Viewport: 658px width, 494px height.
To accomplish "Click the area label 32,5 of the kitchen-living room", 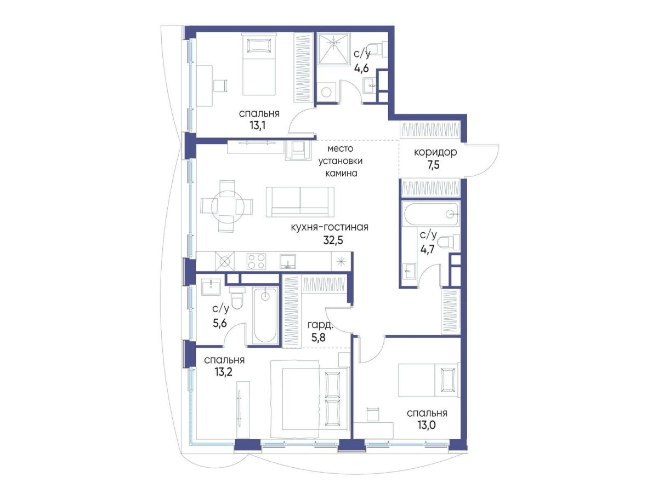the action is (333, 240).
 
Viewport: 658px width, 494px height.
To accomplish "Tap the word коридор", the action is (435, 152).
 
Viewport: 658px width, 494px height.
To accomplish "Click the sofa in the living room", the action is (300, 202).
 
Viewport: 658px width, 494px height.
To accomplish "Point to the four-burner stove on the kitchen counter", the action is (256, 261).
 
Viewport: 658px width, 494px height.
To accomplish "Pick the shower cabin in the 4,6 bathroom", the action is (334, 49).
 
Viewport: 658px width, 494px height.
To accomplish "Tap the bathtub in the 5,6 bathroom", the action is (265, 315).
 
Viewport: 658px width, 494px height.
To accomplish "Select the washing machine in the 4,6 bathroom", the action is (326, 91).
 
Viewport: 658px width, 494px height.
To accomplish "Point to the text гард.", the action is (320, 324).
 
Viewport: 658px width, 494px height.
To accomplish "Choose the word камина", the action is (342, 174).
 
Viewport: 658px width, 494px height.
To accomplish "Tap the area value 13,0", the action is (427, 425).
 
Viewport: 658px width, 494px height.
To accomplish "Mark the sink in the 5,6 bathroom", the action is (211, 287).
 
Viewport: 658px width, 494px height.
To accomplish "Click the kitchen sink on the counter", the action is (288, 261).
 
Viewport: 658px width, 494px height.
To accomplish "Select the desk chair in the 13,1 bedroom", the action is (220, 85).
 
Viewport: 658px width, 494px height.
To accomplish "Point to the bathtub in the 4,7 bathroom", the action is (431, 214).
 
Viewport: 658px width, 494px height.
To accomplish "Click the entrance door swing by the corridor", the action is (483, 161).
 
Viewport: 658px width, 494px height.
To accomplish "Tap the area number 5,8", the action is (319, 337).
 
